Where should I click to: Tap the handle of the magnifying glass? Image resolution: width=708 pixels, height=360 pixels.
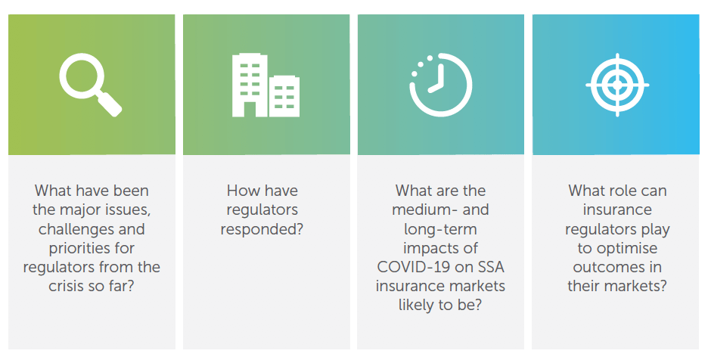[110, 104]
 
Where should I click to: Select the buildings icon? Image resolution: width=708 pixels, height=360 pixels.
[265, 85]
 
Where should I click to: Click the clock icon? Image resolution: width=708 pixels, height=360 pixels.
[440, 85]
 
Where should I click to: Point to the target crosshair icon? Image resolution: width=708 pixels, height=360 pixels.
[617, 85]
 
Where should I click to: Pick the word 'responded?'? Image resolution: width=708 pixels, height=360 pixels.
[262, 229]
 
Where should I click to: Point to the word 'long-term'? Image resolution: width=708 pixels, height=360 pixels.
[440, 229]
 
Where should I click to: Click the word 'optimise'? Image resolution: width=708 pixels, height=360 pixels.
[626, 248]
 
